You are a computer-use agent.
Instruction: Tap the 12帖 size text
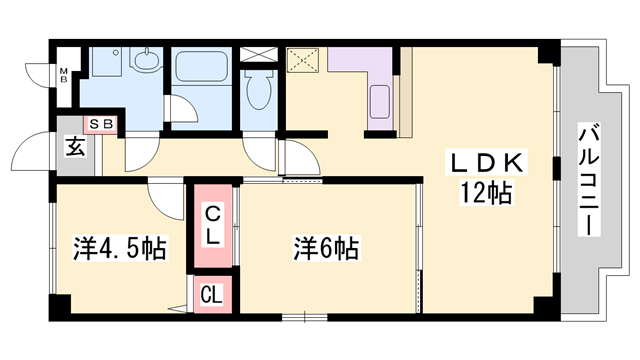pyautogui.click(x=487, y=192)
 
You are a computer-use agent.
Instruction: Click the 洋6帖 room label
pyautogui.click(x=326, y=246)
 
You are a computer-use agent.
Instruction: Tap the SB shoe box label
pyautogui.click(x=102, y=124)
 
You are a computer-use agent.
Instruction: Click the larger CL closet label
pyautogui.click(x=214, y=224)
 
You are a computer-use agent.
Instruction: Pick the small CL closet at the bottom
pyautogui.click(x=212, y=294)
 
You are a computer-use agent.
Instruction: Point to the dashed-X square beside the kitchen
pyautogui.click(x=301, y=60)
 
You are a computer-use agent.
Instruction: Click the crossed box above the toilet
pyautogui.click(x=258, y=53)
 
